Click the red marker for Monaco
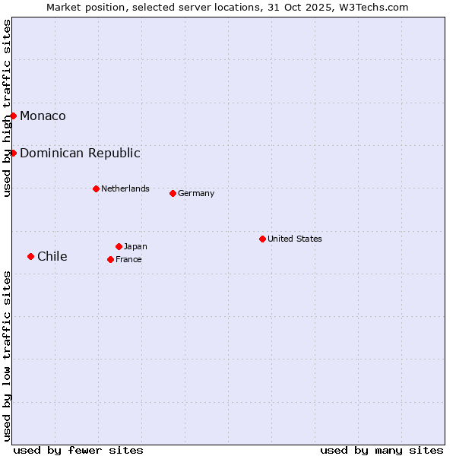tap(14, 116)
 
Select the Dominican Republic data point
tap(14, 153)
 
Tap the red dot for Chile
tap(30, 256)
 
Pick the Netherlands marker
tap(96, 188)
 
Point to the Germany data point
tap(173, 193)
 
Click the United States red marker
tap(262, 239)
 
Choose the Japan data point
tap(119, 246)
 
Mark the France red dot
tap(110, 259)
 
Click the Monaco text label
tap(43, 116)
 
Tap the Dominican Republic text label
tap(80, 153)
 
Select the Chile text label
tap(52, 256)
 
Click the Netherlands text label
tap(125, 188)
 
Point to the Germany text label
tap(196, 193)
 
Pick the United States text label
tap(295, 239)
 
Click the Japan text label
tap(135, 246)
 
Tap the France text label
tap(128, 259)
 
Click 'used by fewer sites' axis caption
tap(78, 450)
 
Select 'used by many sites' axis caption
tap(382, 450)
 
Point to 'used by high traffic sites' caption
tap(8, 108)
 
